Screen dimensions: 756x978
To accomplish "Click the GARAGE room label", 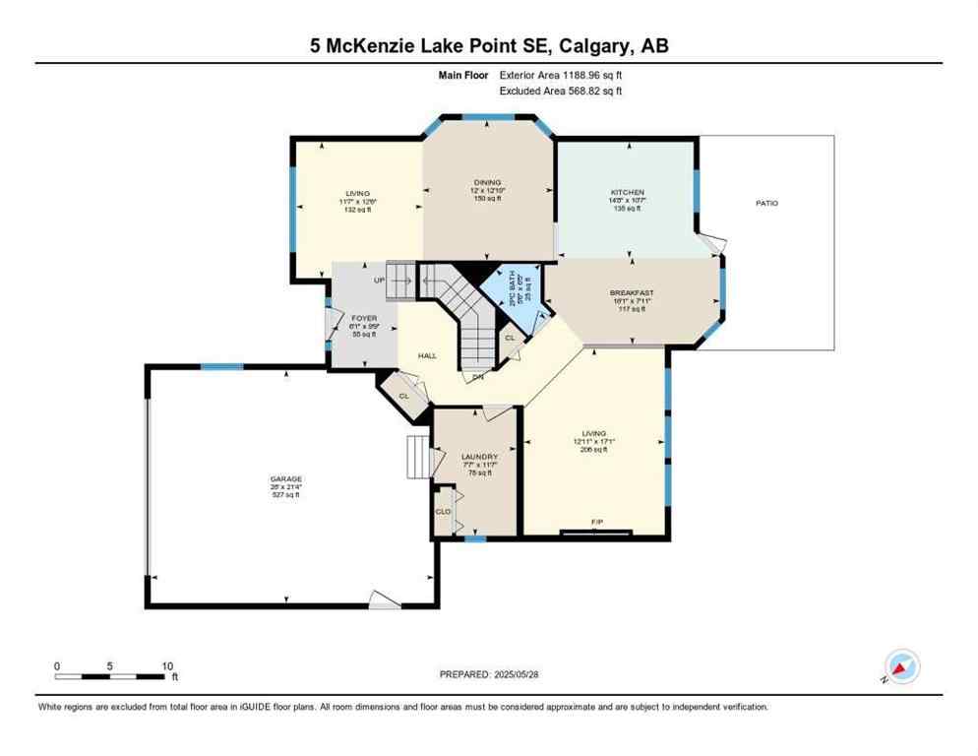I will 286,478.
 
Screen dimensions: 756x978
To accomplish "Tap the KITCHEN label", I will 628,192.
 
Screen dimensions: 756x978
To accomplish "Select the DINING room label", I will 487,182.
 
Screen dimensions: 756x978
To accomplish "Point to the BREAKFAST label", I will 632,292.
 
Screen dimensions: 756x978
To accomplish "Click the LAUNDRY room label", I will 479,457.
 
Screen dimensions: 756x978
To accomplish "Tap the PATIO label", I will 766,203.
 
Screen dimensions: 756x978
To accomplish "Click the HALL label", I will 427,356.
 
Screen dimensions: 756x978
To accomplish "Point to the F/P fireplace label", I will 596,521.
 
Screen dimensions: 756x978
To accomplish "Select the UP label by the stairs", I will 379,281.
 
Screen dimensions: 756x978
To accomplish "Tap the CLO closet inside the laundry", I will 443,511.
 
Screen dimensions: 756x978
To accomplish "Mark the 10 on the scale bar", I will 168,665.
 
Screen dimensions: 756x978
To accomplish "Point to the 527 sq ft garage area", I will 286,494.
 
